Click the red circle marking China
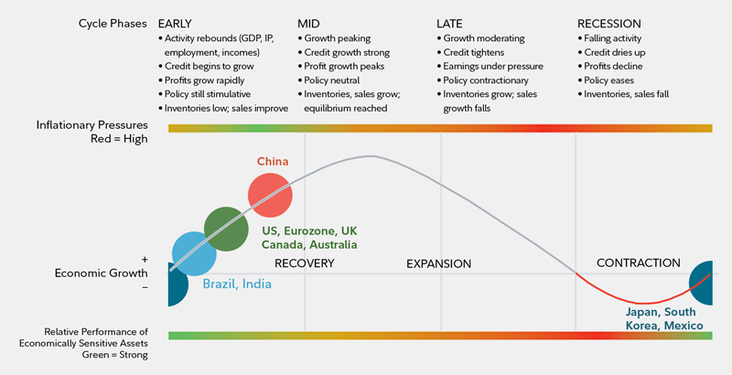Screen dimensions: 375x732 coord(271,194)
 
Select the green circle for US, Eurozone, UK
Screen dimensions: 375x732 coord(226,229)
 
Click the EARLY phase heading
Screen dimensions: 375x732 coord(178,23)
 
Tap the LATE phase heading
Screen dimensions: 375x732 coord(449,23)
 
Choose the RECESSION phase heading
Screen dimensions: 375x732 coord(609,23)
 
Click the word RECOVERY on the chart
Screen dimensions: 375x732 coord(305,263)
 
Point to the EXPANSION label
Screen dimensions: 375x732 coord(439,264)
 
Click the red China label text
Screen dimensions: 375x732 coord(273,162)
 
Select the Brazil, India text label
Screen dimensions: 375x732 coord(237,284)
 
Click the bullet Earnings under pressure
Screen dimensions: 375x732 coord(492,66)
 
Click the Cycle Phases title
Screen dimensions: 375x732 coord(108,23)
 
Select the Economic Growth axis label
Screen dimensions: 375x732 coord(101,273)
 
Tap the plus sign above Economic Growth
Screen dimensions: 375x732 coord(145,260)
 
